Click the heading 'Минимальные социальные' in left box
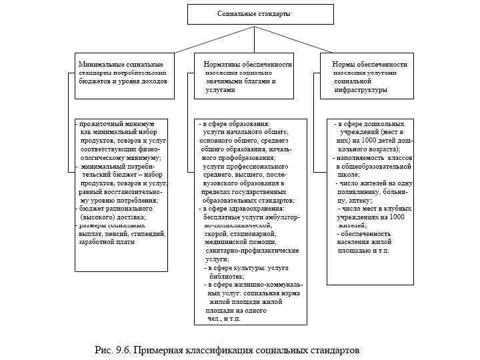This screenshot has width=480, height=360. pos(119,63)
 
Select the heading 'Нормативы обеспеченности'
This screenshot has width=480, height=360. pos(248,63)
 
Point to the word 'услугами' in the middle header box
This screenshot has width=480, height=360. pos(221,89)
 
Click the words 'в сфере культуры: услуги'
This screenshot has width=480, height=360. pos(247,267)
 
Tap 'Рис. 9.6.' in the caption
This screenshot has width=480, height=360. pos(114,349)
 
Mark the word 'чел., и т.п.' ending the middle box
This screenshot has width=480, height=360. pos(224,318)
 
